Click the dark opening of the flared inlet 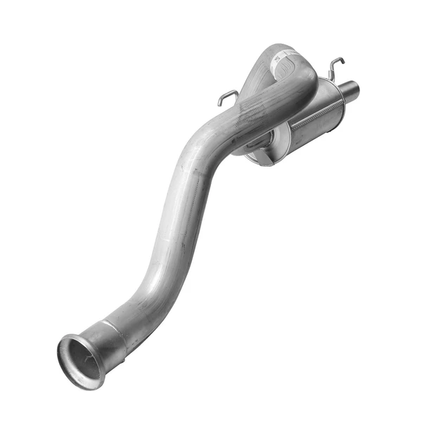click(83, 361)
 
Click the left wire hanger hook click(226, 97)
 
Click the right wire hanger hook click(335, 66)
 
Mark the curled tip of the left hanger click(220, 103)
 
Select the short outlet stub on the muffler click(348, 91)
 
